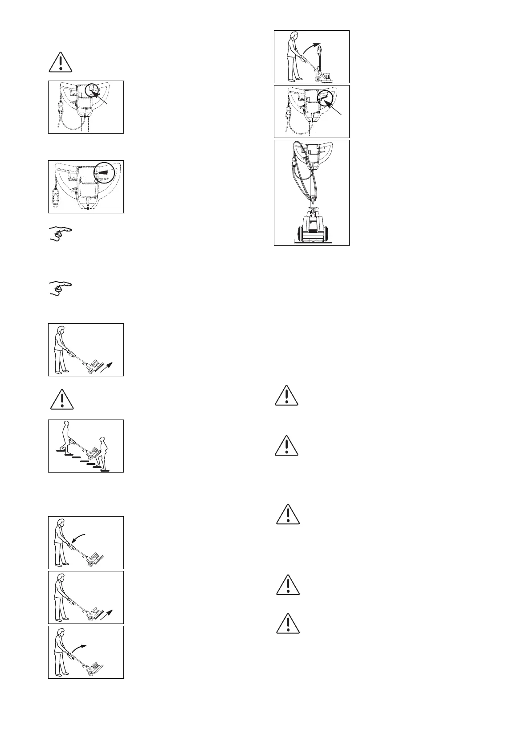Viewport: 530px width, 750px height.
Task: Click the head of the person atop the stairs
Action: pyautogui.click(x=67, y=424)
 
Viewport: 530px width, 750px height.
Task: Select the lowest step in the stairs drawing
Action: pyautogui.click(x=105, y=470)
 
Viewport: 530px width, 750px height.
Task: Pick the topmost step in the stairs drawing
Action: pyautogui.click(x=61, y=451)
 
